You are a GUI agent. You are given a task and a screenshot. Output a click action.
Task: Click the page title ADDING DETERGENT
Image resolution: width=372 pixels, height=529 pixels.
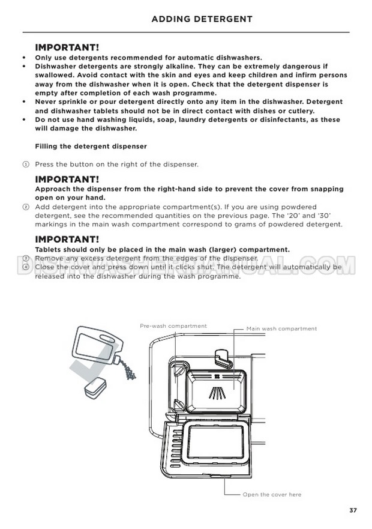(x=202, y=19)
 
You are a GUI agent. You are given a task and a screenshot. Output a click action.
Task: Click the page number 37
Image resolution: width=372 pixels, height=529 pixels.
(x=353, y=510)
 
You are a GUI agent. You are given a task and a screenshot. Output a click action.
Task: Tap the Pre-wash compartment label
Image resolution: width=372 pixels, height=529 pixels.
(x=173, y=326)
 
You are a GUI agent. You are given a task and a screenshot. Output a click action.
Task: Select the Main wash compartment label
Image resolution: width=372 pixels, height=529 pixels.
(x=281, y=329)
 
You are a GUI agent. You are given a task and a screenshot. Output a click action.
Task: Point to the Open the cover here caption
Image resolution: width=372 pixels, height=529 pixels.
(x=272, y=495)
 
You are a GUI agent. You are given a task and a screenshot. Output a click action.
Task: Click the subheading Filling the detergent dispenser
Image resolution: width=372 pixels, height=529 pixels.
(x=91, y=147)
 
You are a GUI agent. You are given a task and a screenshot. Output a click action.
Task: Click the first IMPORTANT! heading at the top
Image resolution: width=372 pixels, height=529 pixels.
(x=67, y=47)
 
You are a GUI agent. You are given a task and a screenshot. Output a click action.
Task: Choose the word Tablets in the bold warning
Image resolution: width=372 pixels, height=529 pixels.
(x=49, y=250)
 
